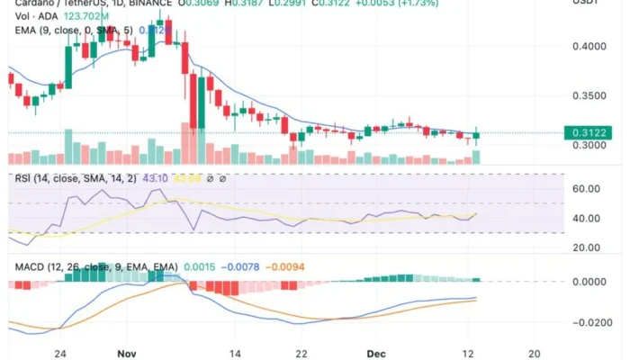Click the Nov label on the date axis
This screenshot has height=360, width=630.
click(127, 353)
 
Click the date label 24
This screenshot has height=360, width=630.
click(61, 353)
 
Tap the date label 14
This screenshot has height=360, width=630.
click(236, 353)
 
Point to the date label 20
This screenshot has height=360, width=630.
click(535, 353)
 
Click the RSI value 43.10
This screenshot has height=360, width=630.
click(153, 178)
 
